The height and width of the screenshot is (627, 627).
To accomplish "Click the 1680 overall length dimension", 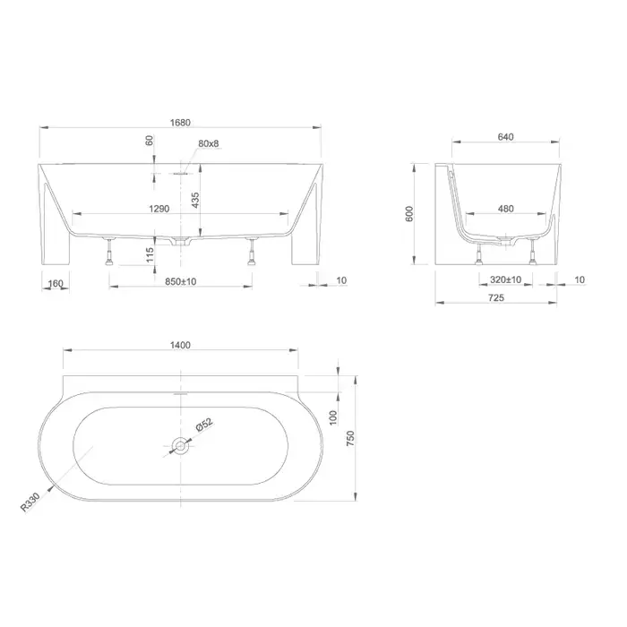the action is [180, 123].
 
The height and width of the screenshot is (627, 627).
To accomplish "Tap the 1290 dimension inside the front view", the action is [159, 209].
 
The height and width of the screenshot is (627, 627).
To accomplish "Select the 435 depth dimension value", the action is [195, 200].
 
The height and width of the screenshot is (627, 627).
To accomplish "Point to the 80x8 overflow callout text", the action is [209, 143].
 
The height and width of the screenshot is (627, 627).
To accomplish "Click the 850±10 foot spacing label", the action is [181, 281].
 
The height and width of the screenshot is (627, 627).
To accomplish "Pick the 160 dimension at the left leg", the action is [56, 283].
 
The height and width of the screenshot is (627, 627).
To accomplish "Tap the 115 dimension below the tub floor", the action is [150, 254].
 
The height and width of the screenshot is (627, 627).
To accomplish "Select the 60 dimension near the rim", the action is [150, 141].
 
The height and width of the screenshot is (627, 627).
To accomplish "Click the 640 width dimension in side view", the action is [505, 137].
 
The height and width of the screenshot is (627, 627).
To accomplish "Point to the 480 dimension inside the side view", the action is [506, 209].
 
